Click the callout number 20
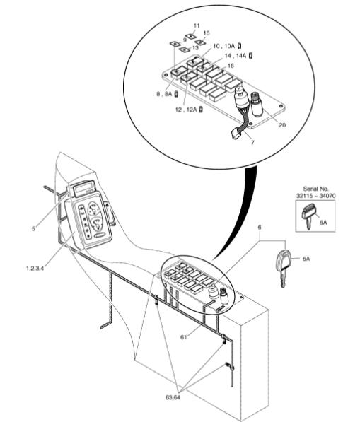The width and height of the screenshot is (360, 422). [x=282, y=125]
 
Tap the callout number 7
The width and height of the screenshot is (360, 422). [x=252, y=143]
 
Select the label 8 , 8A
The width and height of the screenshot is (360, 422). [x=164, y=94]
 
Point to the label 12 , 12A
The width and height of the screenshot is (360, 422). [x=186, y=110]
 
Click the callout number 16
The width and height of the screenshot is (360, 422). [x=231, y=66]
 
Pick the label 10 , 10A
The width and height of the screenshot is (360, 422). [x=224, y=46]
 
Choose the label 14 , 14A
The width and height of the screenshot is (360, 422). [x=236, y=56]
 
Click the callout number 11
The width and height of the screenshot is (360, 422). [x=197, y=26]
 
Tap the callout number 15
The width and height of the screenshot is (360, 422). [x=207, y=33]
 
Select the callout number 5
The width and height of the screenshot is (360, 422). [x=33, y=229]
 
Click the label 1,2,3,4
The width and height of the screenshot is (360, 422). [x=35, y=268]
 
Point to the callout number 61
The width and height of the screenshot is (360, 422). [x=184, y=336]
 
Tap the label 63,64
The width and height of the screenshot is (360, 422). [x=173, y=397]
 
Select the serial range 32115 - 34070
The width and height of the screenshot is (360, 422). [x=316, y=196]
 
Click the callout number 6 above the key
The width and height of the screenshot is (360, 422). [x=260, y=228]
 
